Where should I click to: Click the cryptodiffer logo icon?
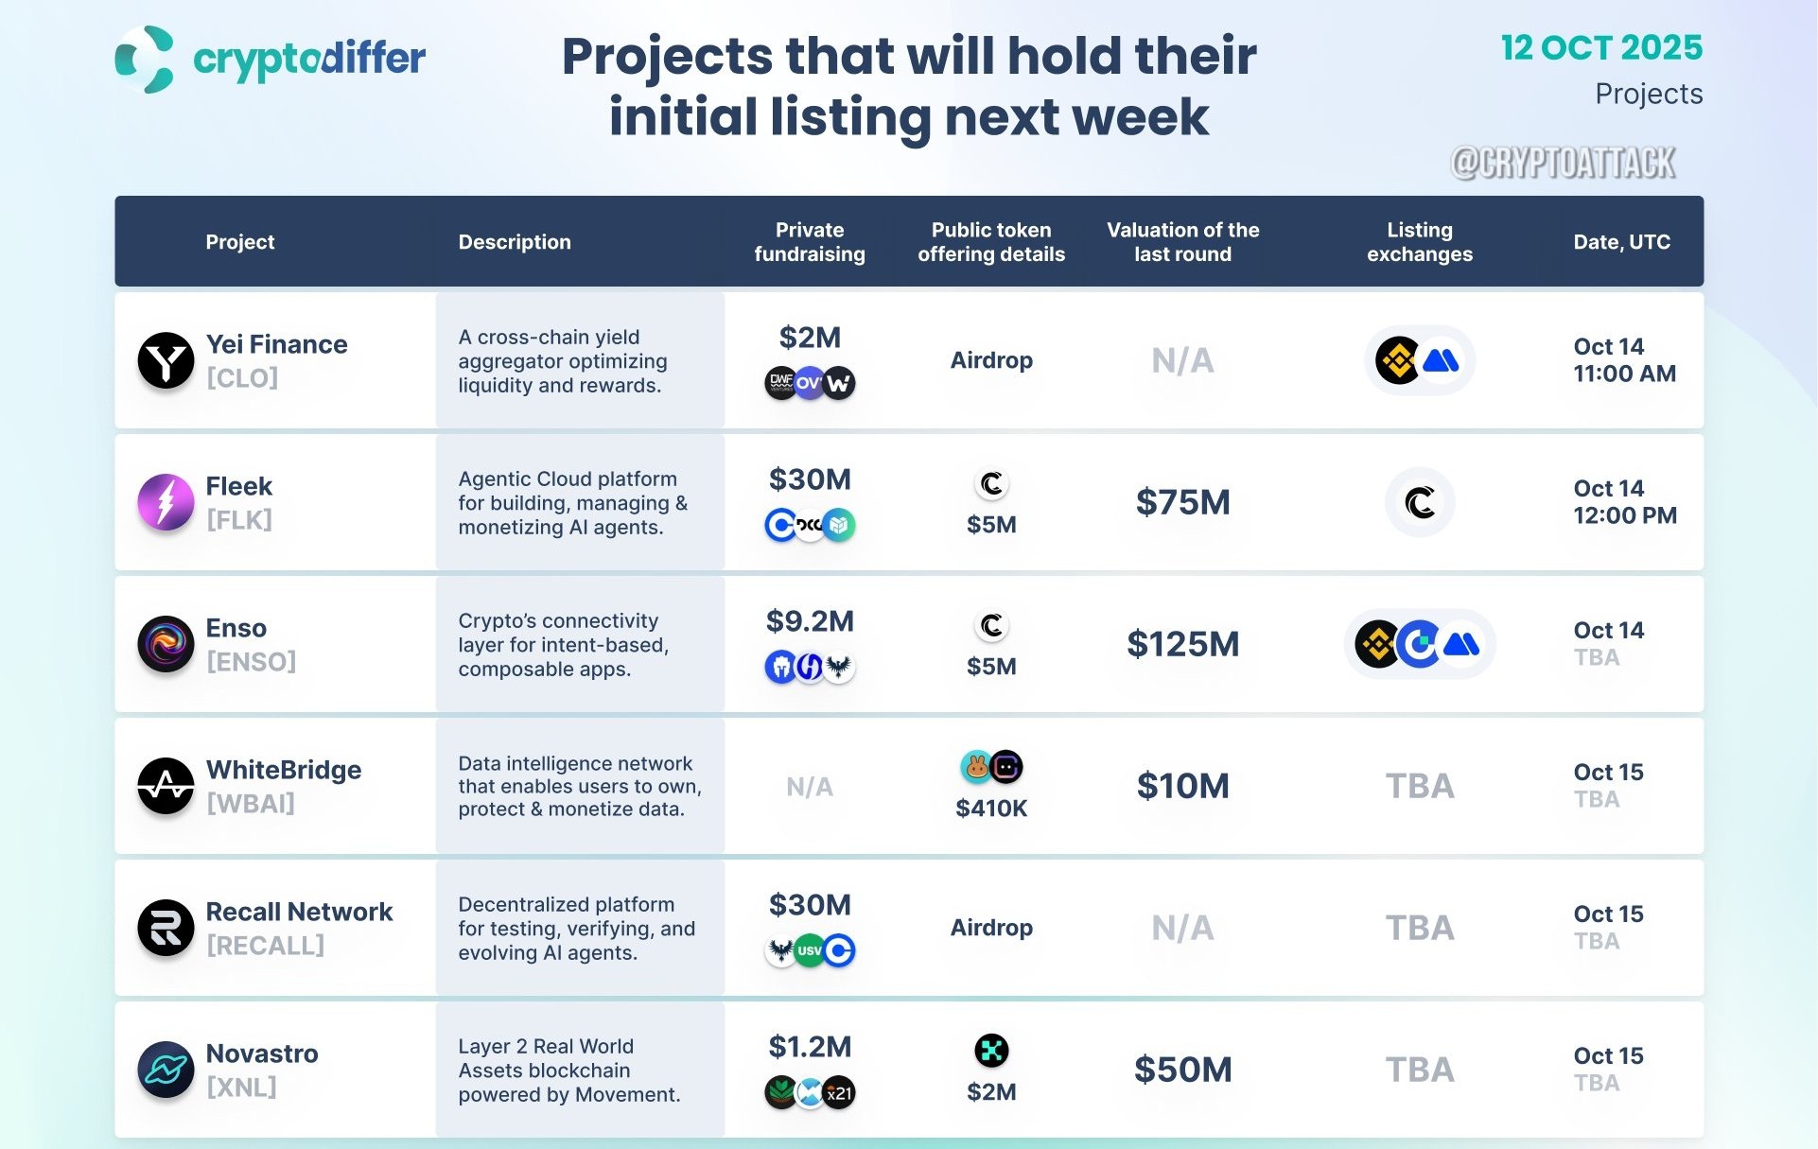[145, 59]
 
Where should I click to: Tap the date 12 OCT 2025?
[1601, 47]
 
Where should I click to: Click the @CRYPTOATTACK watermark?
[1563, 163]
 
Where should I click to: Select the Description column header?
[515, 242]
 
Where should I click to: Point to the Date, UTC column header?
[1621, 242]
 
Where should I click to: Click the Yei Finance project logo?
[166, 360]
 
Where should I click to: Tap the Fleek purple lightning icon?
[166, 502]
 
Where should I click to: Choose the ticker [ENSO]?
[251, 662]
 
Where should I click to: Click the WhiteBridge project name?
[284, 770]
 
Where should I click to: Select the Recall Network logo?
[166, 928]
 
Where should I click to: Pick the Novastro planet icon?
[166, 1070]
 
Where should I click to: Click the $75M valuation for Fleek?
[1183, 502]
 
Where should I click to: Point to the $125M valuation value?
[1183, 644]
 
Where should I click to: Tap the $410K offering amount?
[991, 809]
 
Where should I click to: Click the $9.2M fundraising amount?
[810, 621]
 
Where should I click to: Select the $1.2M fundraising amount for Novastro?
[810, 1047]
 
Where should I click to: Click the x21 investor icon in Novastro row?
[839, 1093]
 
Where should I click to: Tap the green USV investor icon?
[810, 950]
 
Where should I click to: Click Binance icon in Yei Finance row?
[1398, 360]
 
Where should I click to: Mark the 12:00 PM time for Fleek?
[1625, 516]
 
